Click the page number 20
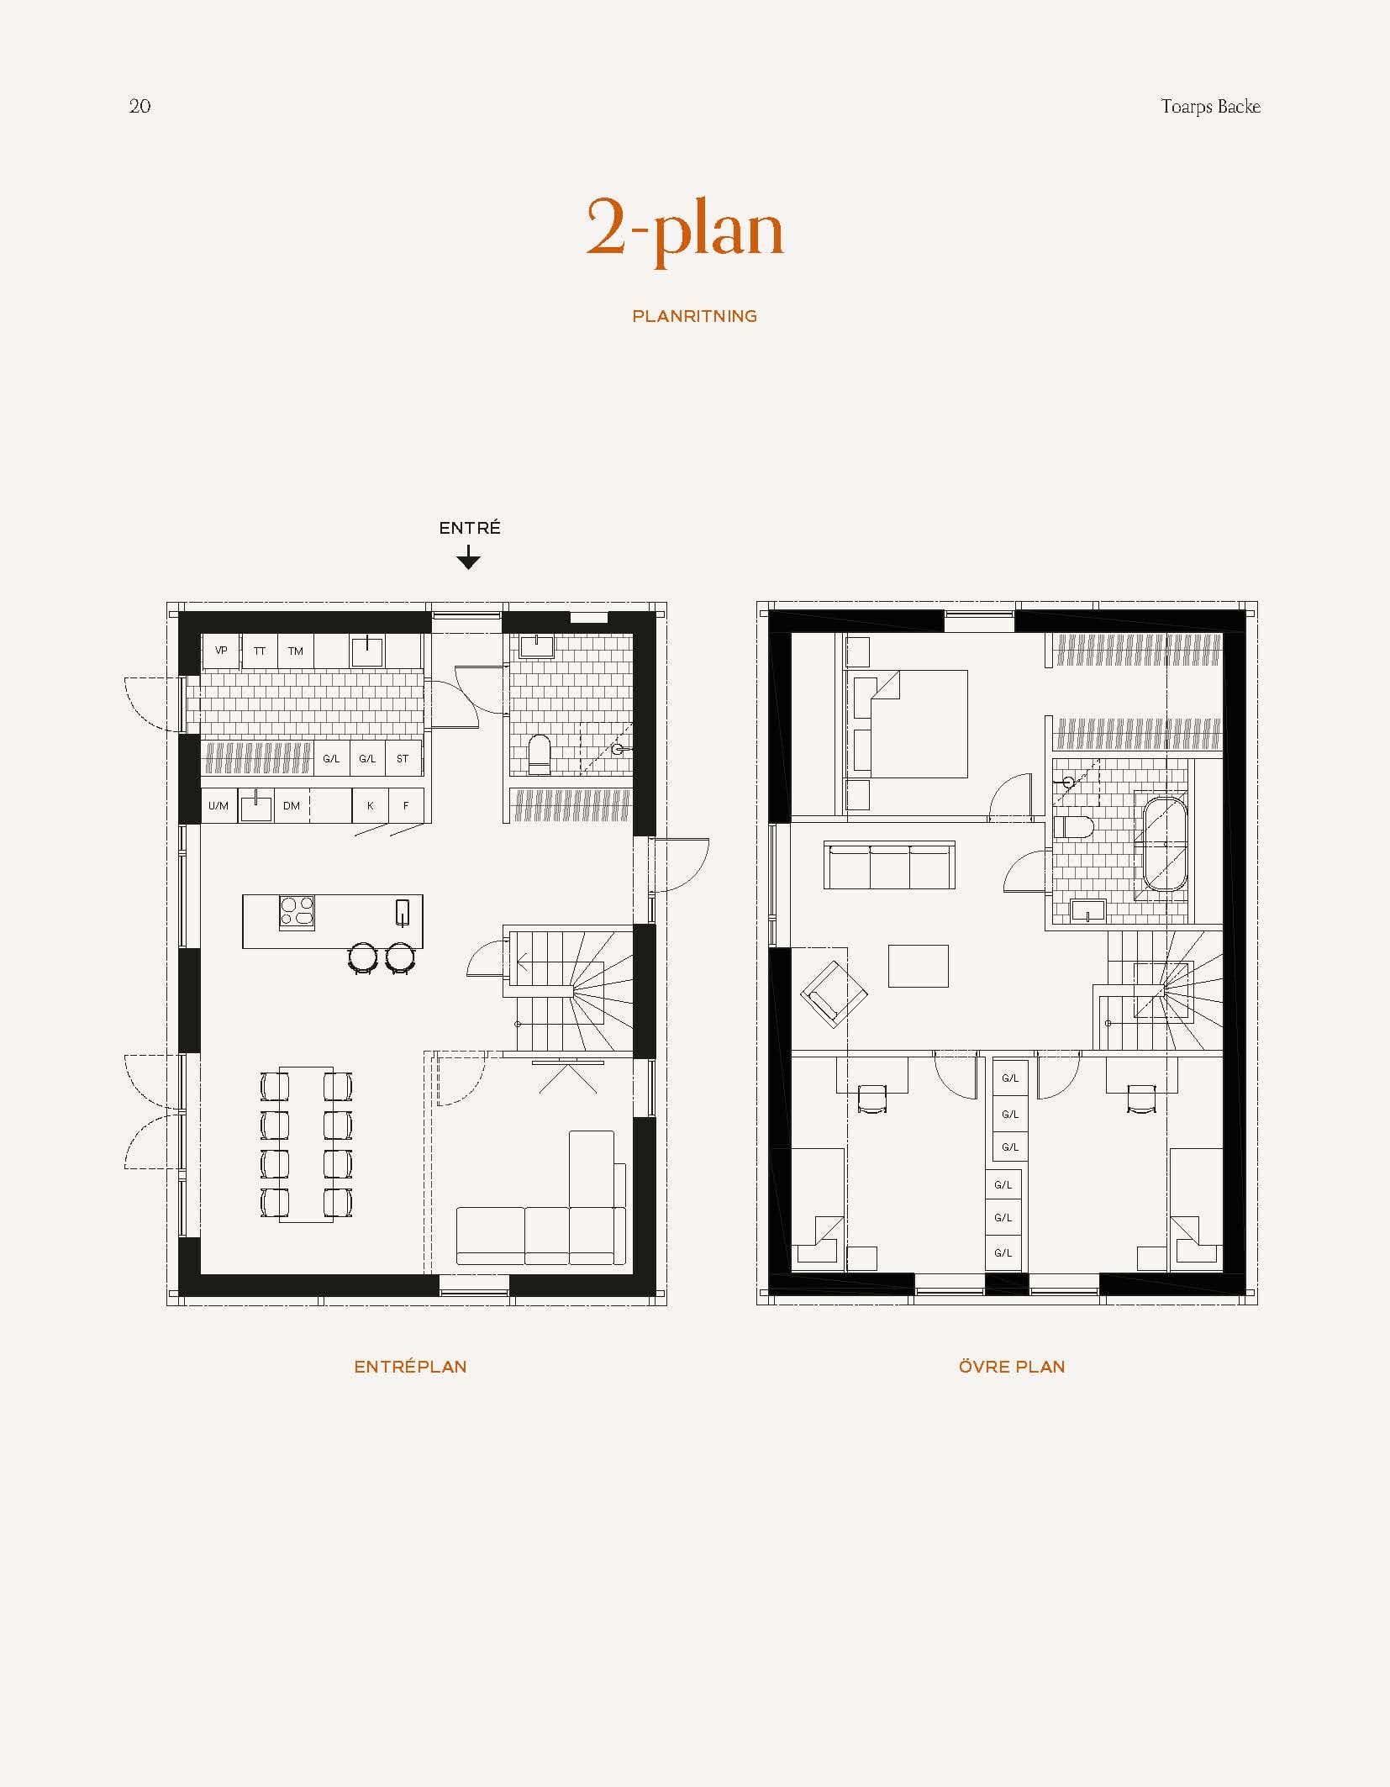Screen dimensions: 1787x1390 pos(140,106)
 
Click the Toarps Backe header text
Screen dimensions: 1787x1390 pos(1210,107)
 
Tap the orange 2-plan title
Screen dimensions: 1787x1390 pos(684,229)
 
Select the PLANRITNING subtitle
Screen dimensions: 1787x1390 pos(694,317)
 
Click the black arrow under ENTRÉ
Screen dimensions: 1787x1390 pos(468,559)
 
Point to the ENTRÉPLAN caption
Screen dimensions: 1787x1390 pos(410,1367)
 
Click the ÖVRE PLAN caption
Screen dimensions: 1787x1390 pos(1012,1367)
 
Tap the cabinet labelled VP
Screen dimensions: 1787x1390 pos(221,651)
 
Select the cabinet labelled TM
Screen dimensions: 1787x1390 pos(296,651)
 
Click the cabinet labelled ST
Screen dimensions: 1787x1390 pos(403,759)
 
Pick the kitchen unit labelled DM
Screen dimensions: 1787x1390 pos(292,806)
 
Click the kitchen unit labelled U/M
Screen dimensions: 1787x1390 pos(219,806)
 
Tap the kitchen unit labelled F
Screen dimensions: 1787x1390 pos(406,806)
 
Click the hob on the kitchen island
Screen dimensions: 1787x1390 pos(297,912)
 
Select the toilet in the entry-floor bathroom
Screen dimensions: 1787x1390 pos(539,754)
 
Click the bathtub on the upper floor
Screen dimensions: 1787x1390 pos(1164,844)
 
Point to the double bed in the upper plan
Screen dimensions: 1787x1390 pos(916,723)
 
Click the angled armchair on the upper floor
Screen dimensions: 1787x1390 pos(835,994)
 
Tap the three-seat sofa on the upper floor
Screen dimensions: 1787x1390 pos(889,867)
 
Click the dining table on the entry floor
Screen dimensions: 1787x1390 pos(306,1144)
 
